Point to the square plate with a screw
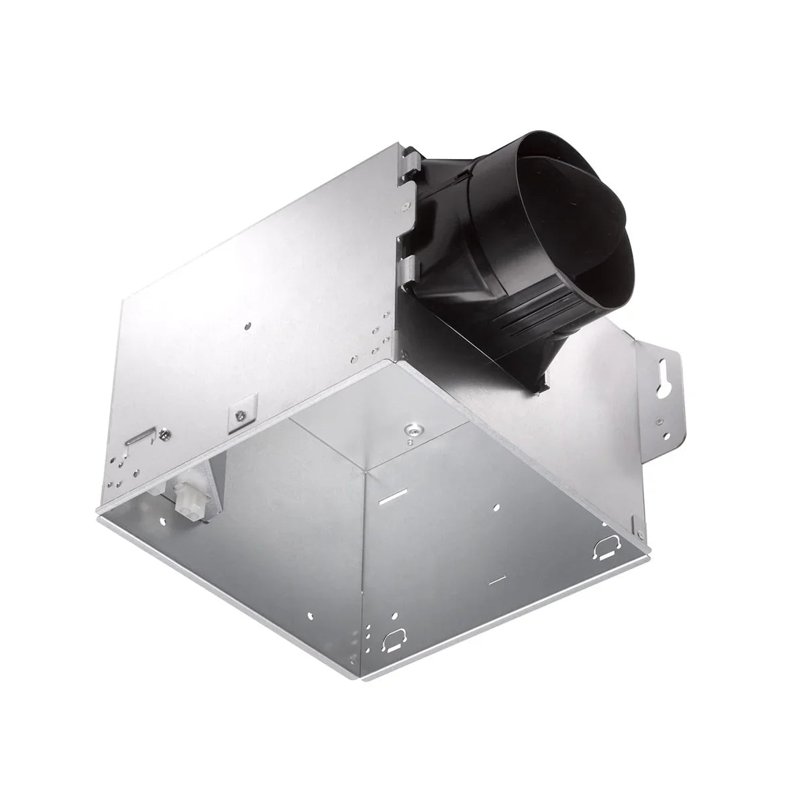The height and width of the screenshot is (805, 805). [x=238, y=417]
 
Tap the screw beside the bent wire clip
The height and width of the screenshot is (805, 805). [x=165, y=436]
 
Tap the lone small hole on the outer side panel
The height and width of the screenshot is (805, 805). [x=248, y=327]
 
